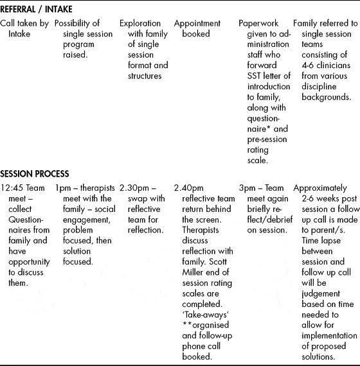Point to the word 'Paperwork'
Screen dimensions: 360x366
point(259,23)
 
